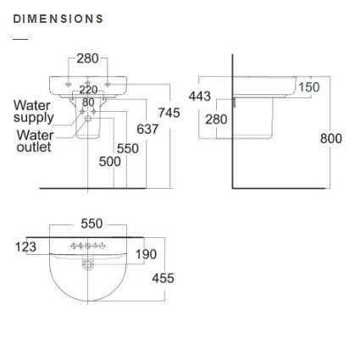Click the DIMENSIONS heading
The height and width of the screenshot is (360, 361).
pos(58,19)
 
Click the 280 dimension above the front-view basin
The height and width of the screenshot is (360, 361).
pos(88,58)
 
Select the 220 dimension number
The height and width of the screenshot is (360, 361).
pos(88,90)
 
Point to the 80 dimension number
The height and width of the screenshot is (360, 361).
pos(88,102)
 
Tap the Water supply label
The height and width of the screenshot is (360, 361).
pos(34,112)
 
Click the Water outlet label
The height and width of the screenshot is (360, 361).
pos(35,141)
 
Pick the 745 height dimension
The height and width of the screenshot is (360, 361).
pos(169,113)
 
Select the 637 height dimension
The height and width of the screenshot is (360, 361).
pos(147,130)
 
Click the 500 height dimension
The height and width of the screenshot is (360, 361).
pos(110,162)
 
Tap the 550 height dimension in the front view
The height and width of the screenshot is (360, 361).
pos(128,148)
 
